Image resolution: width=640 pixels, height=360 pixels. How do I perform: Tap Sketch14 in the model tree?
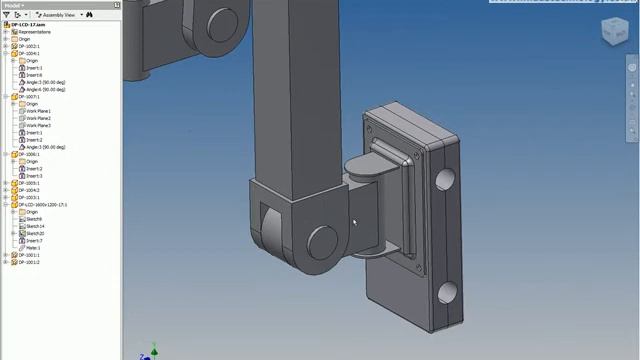tap(35, 226)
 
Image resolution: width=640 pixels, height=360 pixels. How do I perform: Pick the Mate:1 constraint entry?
tap(33, 248)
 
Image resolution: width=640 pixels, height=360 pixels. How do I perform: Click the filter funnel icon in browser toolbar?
tap(6, 15)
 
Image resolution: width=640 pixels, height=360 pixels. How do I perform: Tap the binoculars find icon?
tap(89, 15)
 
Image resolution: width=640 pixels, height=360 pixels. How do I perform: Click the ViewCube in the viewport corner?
tap(609, 32)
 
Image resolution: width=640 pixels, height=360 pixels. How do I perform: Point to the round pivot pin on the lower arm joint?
tap(321, 241)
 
